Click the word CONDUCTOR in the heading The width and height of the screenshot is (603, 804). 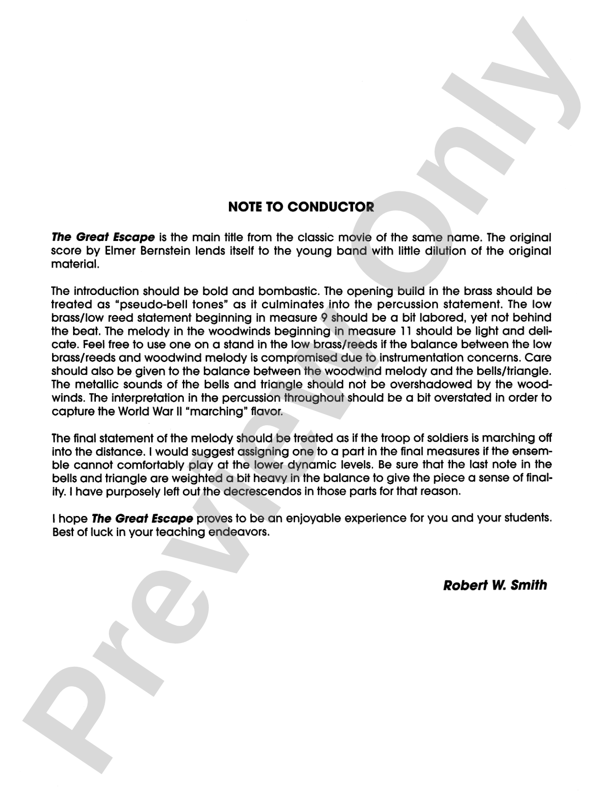click(x=330, y=207)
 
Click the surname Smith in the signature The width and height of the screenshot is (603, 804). click(x=529, y=585)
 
